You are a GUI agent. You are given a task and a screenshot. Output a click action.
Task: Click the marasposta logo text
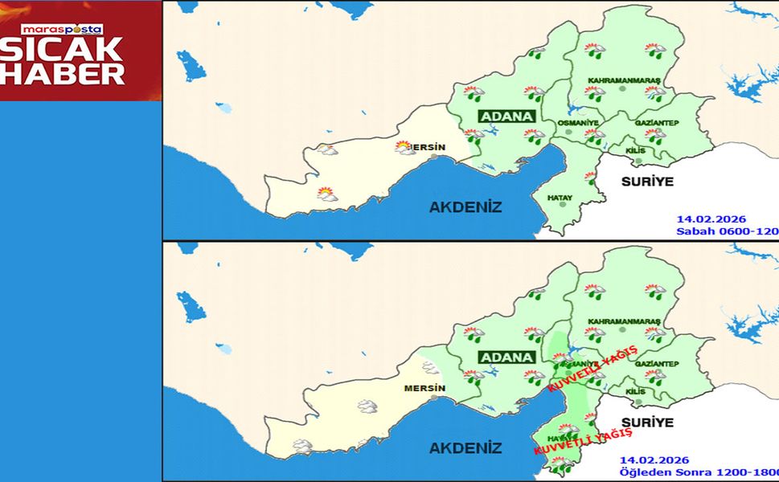click(x=62, y=29)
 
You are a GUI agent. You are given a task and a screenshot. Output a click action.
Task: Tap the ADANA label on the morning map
click(x=507, y=116)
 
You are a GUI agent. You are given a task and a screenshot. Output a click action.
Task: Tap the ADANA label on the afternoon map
click(x=507, y=357)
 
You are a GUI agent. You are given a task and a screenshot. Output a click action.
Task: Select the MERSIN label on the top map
click(x=429, y=147)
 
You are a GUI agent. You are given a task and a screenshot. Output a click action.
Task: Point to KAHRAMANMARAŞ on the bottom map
click(x=624, y=321)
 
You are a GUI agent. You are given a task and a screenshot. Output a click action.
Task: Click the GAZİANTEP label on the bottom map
click(x=658, y=364)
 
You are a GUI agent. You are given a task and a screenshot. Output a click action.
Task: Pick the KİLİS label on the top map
click(x=635, y=150)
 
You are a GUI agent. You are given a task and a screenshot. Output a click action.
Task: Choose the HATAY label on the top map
click(x=560, y=196)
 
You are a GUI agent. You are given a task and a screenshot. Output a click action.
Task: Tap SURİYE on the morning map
click(x=646, y=182)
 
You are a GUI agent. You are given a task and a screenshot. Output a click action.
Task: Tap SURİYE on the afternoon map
click(x=646, y=423)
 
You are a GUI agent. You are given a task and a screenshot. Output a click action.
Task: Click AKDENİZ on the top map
click(x=465, y=207)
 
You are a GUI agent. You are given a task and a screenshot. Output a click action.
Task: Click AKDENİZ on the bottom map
click(x=465, y=448)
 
